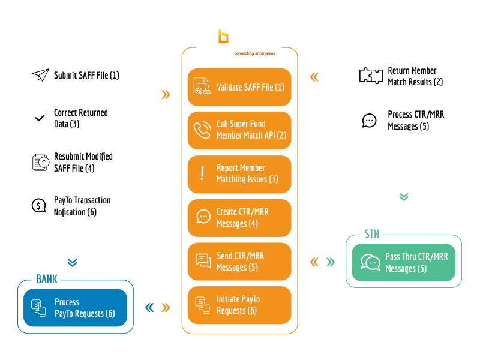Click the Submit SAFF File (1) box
[75, 76]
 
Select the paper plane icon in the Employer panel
[40, 76]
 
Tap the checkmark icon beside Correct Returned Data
[40, 118]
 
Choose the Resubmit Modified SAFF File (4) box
[75, 163]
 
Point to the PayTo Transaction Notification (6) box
[75, 206]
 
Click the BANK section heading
[47, 280]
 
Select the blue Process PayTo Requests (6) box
[75, 308]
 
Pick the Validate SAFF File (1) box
[239, 88]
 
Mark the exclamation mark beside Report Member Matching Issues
[202, 174]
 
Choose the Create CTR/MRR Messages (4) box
[239, 218]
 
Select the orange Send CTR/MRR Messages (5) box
[239, 262]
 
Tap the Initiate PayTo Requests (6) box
[239, 305]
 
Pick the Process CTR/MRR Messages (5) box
[403, 120]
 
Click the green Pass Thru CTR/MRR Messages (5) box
[403, 262]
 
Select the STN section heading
[372, 235]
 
